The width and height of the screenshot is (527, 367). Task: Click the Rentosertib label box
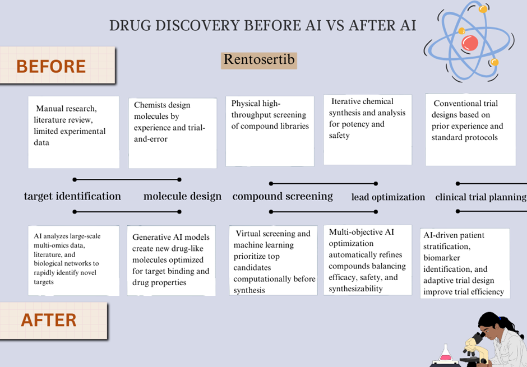[259, 61]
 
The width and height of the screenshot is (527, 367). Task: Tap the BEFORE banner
[58, 65]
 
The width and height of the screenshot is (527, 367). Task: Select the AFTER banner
[54, 320]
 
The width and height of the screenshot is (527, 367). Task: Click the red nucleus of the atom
[469, 43]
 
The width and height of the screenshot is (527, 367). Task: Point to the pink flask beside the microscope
[445, 355]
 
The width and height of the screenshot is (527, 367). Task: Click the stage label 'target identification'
[72, 196]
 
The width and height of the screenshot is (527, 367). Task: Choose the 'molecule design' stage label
[183, 196]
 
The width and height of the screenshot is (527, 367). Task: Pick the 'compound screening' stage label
[283, 196]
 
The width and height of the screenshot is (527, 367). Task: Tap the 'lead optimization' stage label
[388, 197]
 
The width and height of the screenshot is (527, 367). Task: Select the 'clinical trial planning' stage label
[480, 197]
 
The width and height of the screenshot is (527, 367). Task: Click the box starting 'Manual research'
[73, 132]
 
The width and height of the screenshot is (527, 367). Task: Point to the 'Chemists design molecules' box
[173, 133]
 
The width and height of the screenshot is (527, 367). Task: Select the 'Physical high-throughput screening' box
[270, 131]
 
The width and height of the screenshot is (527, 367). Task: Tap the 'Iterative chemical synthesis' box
[367, 129]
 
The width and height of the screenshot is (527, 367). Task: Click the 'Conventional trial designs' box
[470, 129]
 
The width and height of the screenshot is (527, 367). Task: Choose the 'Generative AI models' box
[171, 261]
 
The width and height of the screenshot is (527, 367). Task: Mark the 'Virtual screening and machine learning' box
[273, 261]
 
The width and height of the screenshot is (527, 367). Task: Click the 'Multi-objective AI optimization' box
[367, 260]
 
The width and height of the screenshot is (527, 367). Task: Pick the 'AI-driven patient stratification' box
[465, 263]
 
